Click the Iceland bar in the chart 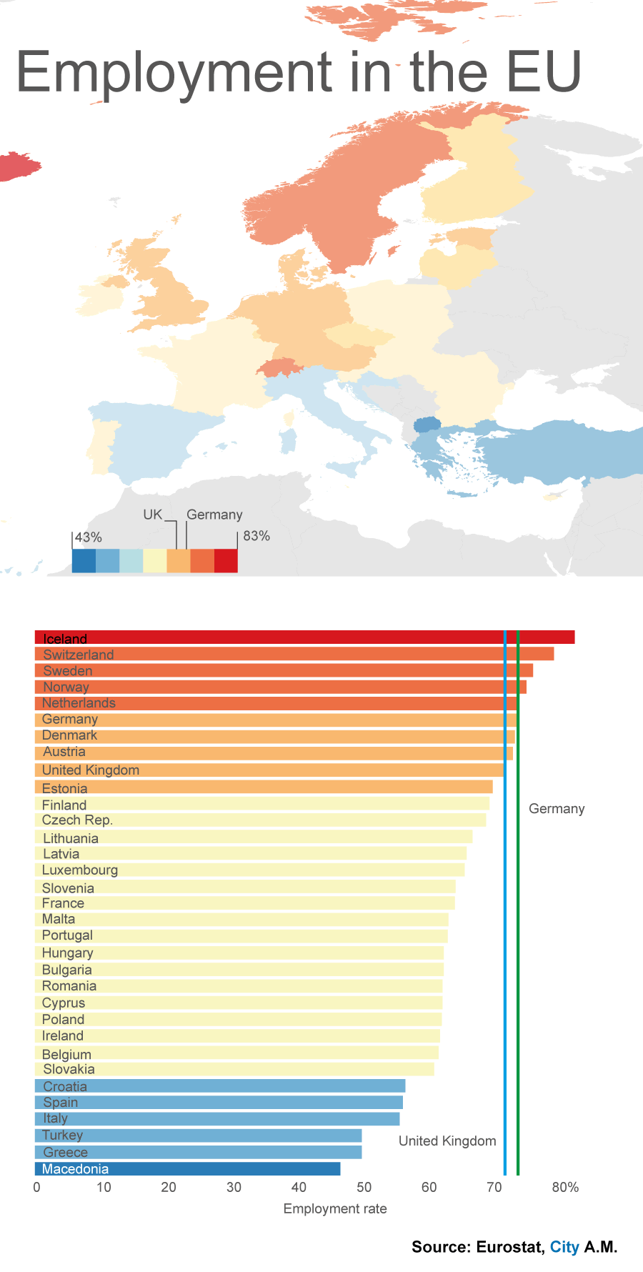coord(304,637)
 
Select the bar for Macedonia coord(187,1169)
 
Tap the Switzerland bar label coord(79,655)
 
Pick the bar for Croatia coord(220,1086)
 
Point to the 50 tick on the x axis coord(364,1188)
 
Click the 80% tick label coord(565,1188)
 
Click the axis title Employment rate coord(335,1208)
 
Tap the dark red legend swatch coord(226,561)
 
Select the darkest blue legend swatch coord(84,561)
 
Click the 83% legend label coord(256,536)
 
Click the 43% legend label coord(89,537)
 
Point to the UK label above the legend coord(153,515)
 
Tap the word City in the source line coord(564,1247)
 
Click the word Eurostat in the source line coord(509,1247)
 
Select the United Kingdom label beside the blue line coord(447,1141)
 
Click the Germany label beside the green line coord(557,809)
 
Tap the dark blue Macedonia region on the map coord(427,424)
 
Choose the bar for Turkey coord(199,1136)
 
